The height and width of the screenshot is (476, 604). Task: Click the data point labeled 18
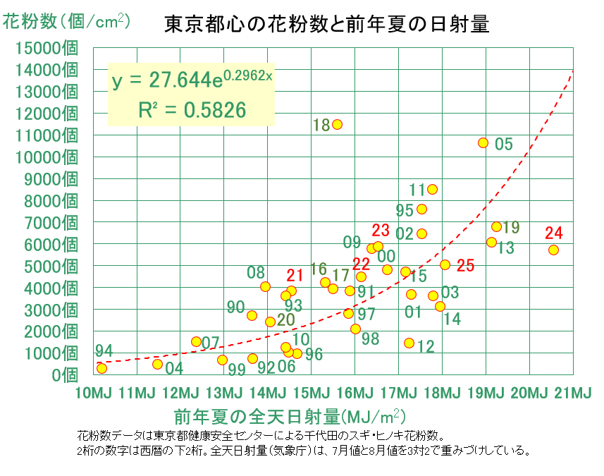pyautogui.click(x=337, y=125)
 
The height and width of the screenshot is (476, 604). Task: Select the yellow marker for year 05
pyautogui.click(x=483, y=143)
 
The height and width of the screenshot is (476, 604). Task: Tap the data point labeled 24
pyautogui.click(x=553, y=250)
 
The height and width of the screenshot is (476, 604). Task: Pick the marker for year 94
pyautogui.click(x=101, y=369)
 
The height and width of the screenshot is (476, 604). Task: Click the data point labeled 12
pyautogui.click(x=409, y=343)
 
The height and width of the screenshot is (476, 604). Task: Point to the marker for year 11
pyautogui.click(x=432, y=189)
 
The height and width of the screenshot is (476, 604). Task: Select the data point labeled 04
pyautogui.click(x=158, y=364)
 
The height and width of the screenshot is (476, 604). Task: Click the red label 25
pyautogui.click(x=465, y=266)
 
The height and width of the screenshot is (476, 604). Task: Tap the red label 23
pyautogui.click(x=381, y=231)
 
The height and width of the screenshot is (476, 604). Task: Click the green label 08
pyautogui.click(x=256, y=273)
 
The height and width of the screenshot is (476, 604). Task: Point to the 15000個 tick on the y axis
pyautogui.click(x=47, y=48)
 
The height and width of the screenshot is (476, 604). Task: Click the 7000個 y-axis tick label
pyautogui.click(x=51, y=223)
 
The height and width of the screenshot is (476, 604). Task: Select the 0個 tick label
pyautogui.click(x=65, y=375)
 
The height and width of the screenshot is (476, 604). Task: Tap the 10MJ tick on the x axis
pyautogui.click(x=93, y=393)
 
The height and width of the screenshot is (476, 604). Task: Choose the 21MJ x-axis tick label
pyautogui.click(x=573, y=393)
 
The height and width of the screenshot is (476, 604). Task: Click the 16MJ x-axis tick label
pyautogui.click(x=355, y=393)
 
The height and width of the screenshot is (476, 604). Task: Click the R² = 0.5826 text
pyautogui.click(x=192, y=110)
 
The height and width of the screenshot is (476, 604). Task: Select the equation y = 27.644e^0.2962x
pyautogui.click(x=192, y=80)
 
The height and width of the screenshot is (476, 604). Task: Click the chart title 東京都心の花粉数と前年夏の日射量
pyautogui.click(x=326, y=24)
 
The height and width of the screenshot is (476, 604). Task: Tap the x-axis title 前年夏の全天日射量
pyautogui.click(x=257, y=417)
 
